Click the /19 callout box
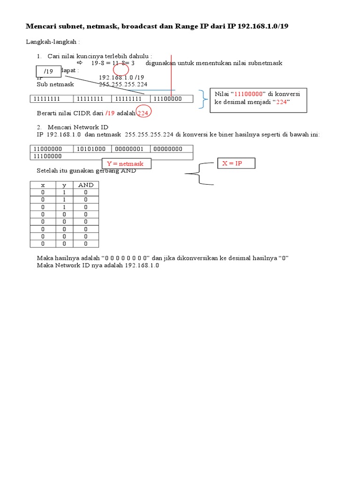tap(49, 71)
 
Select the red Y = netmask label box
tap(125, 164)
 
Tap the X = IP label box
tap(235, 163)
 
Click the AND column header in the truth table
tap(86, 185)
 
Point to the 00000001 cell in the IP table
tap(131, 149)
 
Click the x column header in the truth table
tap(43, 185)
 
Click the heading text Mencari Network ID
tap(78, 127)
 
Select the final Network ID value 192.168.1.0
tap(142, 265)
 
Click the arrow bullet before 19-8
tap(79, 63)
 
